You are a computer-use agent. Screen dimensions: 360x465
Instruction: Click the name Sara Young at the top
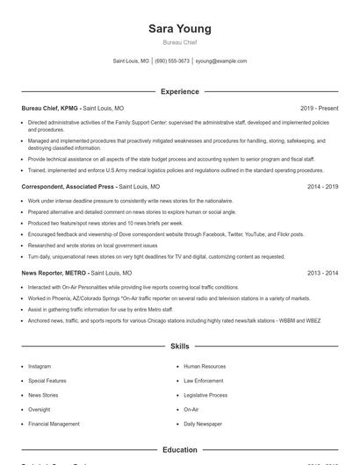point(180,29)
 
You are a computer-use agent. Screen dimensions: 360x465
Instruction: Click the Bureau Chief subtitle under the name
point(180,42)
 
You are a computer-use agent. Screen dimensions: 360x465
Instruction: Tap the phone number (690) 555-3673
point(172,61)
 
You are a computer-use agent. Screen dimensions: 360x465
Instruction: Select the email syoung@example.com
point(220,61)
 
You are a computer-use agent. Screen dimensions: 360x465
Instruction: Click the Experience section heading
point(180,91)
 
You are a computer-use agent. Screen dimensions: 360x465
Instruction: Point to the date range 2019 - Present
point(319,108)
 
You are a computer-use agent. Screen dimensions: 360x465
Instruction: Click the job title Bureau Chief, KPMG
point(49,108)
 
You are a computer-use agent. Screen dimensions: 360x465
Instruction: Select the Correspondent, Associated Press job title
point(68,187)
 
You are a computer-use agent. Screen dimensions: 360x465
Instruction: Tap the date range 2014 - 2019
point(322,187)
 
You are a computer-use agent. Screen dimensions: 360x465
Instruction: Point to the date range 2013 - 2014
point(322,273)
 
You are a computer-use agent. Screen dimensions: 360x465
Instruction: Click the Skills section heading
point(180,347)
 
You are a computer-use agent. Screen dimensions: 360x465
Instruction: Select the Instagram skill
point(40,366)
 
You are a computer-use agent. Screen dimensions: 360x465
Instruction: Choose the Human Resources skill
point(205,366)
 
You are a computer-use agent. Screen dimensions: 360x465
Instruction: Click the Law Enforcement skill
point(204,381)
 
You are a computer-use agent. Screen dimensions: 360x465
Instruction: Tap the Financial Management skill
point(54,424)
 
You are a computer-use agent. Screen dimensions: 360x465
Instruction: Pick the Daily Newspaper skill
point(203,424)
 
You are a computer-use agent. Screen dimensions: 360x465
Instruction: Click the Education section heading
point(180,450)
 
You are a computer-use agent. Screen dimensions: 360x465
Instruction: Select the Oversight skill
point(39,409)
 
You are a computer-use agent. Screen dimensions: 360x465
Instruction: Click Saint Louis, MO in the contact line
point(131,61)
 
